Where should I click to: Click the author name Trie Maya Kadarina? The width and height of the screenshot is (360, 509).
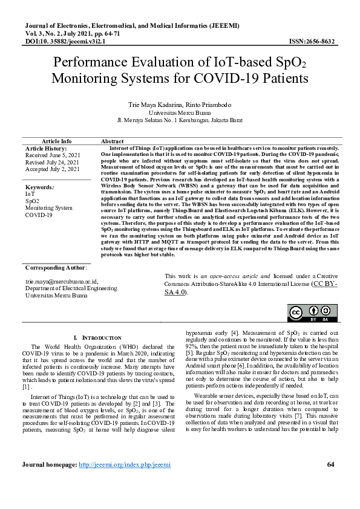(x=157, y=104)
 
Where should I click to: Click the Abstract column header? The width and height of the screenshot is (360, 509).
(x=113, y=141)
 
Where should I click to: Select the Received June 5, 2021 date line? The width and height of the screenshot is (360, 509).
(x=53, y=155)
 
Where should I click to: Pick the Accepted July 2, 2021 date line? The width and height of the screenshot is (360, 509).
(x=52, y=169)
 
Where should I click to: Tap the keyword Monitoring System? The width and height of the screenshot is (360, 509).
(x=48, y=208)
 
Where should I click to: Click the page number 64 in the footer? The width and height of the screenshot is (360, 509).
(x=330, y=481)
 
